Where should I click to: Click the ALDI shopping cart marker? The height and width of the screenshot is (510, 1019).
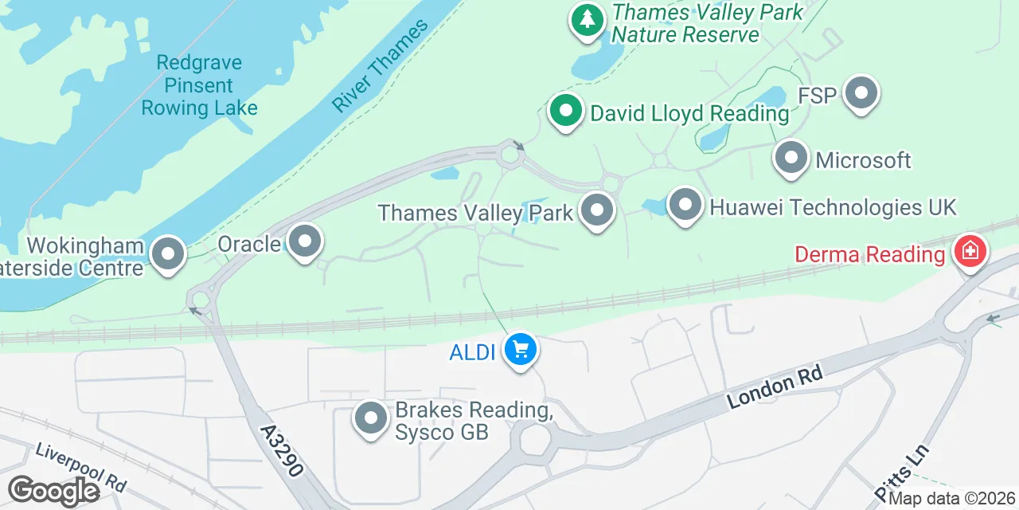pyautogui.click(x=521, y=349)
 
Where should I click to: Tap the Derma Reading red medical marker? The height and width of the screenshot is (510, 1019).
pyautogui.click(x=970, y=252)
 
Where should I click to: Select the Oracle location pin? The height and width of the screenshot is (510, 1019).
pyautogui.click(x=304, y=241)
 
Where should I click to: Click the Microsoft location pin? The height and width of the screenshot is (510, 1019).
pyautogui.click(x=791, y=158)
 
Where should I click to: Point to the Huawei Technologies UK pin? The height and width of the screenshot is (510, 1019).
pyautogui.click(x=685, y=206)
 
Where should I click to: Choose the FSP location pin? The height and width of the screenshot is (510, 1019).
pyautogui.click(x=860, y=94)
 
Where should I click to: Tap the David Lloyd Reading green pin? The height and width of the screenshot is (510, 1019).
pyautogui.click(x=565, y=111)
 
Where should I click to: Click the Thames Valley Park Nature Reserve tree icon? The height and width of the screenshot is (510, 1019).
pyautogui.click(x=587, y=19)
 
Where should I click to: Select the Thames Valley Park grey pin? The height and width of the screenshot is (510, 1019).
pyautogui.click(x=597, y=211)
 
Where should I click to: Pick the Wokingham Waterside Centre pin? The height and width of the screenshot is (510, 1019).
pyautogui.click(x=167, y=254)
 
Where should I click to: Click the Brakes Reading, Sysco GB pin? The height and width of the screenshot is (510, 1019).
pyautogui.click(x=370, y=418)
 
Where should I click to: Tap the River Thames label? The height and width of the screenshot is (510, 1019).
pyautogui.click(x=380, y=65)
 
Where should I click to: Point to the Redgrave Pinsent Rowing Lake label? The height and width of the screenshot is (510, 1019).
pyautogui.click(x=199, y=85)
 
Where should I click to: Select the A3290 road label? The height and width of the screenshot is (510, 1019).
pyautogui.click(x=282, y=449)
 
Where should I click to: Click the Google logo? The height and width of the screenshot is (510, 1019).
pyautogui.click(x=53, y=491)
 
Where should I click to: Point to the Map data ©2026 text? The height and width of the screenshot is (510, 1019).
pyautogui.click(x=952, y=500)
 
